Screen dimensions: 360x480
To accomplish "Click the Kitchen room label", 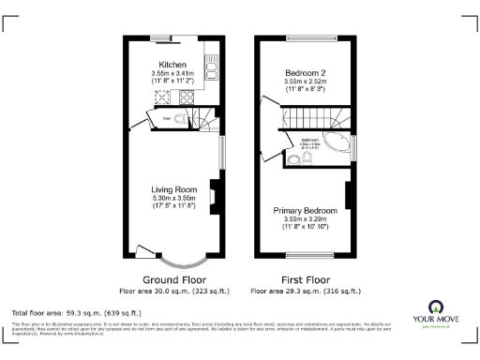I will pyautogui.click(x=171, y=65).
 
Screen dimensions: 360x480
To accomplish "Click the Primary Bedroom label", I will pyautogui.click(x=305, y=211).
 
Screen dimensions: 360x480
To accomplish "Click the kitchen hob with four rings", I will pyautogui.click(x=186, y=97).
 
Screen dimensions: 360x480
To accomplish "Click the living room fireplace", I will pyautogui.click(x=213, y=197).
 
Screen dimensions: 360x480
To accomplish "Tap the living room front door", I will pyautogui.click(x=144, y=251).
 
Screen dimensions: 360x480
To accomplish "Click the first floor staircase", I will pyautogui.click(x=309, y=118).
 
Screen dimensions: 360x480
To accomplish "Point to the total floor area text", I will pyautogui.click(x=76, y=312).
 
